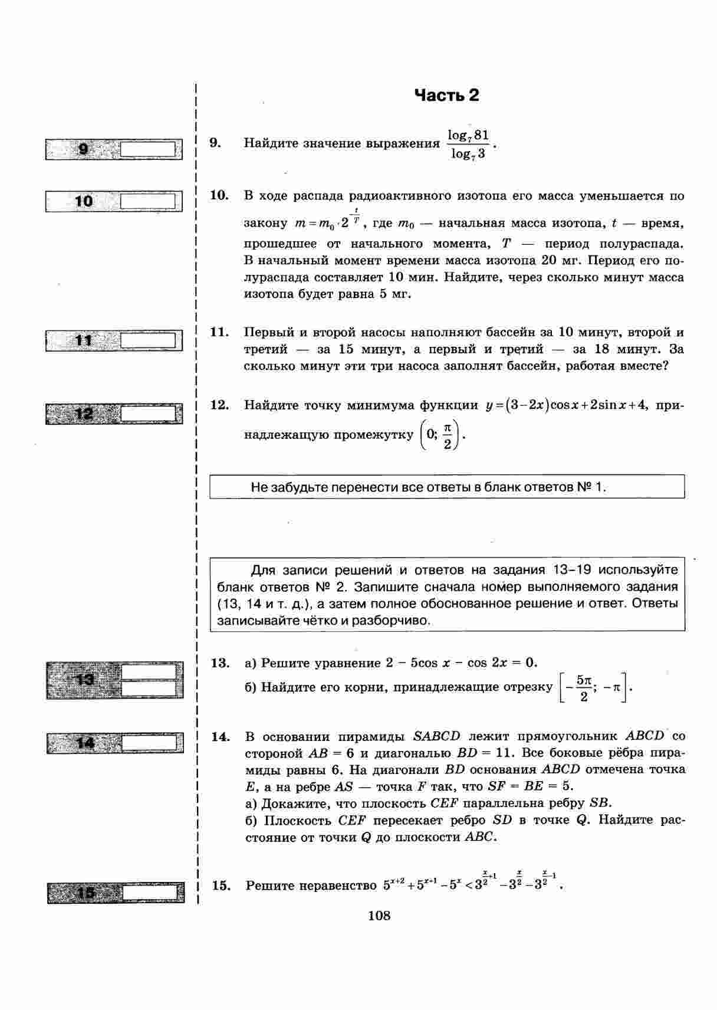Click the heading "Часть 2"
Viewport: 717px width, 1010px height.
(x=446, y=96)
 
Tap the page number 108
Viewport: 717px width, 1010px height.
(x=379, y=916)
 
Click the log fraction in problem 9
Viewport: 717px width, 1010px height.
(x=468, y=145)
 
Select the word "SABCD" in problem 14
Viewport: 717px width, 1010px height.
(x=436, y=736)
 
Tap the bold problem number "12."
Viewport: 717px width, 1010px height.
(x=219, y=405)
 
